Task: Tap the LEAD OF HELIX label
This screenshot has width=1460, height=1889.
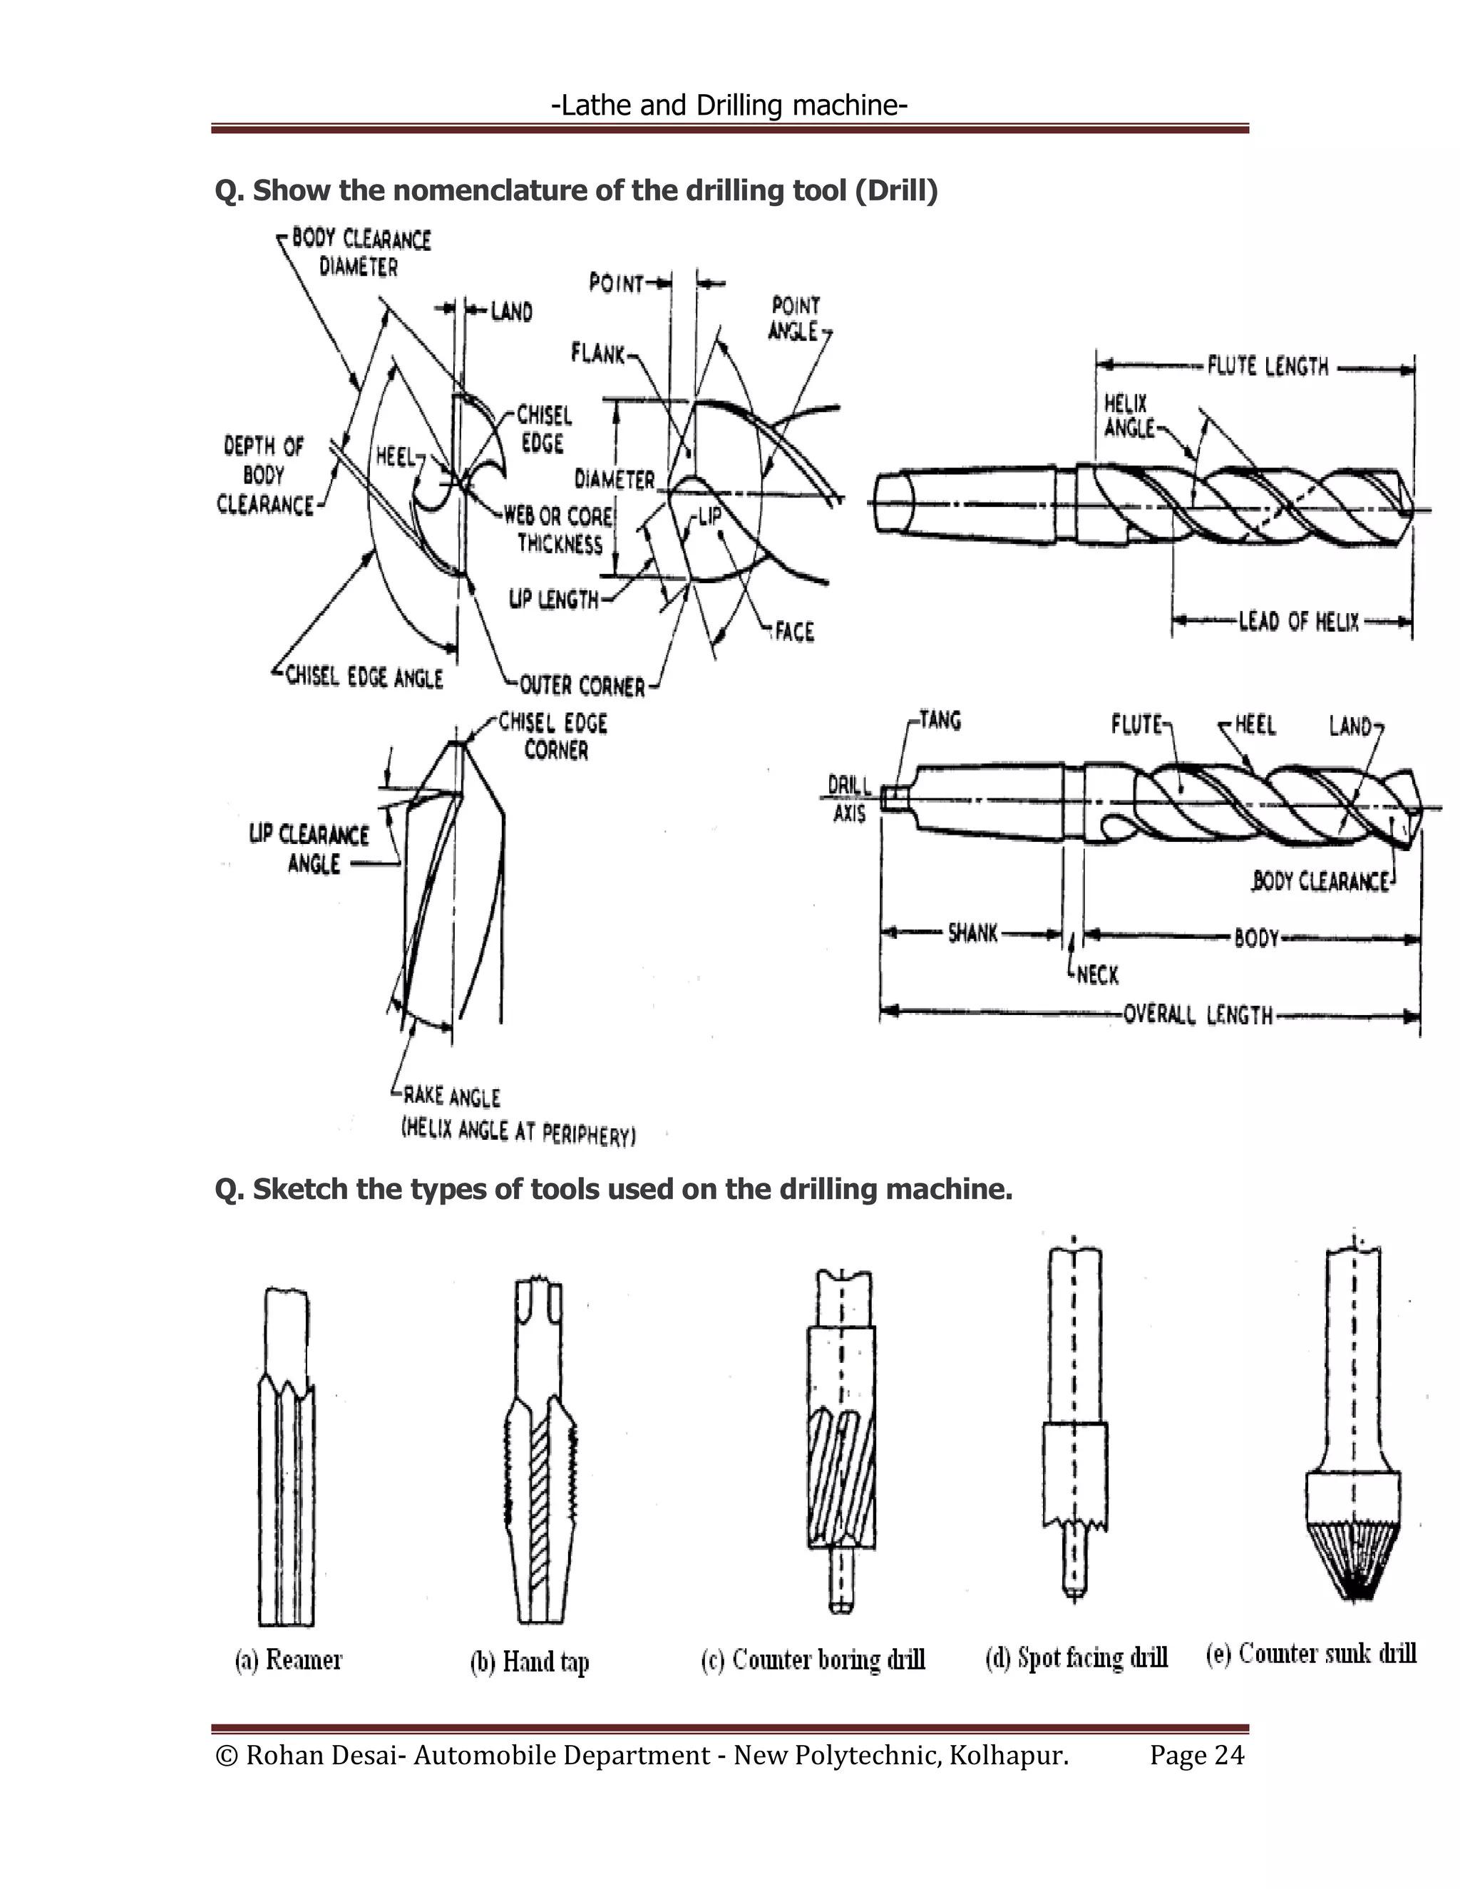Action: coord(1298,621)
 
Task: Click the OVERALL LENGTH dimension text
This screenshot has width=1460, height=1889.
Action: coord(1198,1014)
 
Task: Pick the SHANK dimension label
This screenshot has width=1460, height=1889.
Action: coord(973,933)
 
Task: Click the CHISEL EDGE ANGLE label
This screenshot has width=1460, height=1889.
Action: coord(364,677)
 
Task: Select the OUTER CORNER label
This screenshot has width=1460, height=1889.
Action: coord(582,686)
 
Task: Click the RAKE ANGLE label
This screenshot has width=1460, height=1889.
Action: coord(451,1097)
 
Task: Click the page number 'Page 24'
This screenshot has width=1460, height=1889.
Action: coord(1196,1755)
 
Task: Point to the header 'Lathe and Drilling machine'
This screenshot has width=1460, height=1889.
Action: coord(729,105)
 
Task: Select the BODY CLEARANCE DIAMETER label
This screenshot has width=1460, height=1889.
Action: coord(360,252)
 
